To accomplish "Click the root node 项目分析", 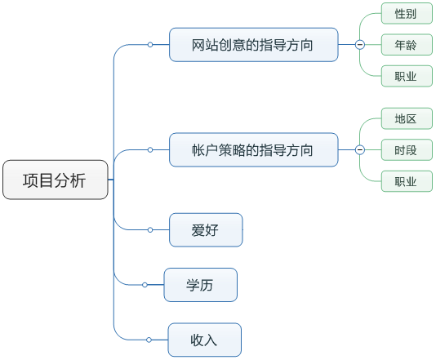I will point(55,180).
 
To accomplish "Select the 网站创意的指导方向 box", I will point(253,44).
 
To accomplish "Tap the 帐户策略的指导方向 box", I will point(253,150).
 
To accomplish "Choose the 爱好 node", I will point(205,229).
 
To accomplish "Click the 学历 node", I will point(201,285).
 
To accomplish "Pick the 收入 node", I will point(204,340).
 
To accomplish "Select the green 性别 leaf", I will point(406,14).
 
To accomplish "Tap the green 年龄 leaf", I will point(406,45).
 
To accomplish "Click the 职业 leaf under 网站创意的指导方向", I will point(406,76).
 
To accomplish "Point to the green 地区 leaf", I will point(406,119).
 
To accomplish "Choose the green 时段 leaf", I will point(406,150).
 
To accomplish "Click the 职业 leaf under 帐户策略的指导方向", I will point(406,181).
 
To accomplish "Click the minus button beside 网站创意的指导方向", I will point(359,45).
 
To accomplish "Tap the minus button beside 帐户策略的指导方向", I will point(359,150).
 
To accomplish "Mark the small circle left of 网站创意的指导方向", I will point(150,45).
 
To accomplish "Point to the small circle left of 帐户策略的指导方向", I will point(150,150).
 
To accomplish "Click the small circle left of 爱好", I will point(150,229).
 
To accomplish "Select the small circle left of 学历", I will point(145,285).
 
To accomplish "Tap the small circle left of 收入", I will point(149,340).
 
